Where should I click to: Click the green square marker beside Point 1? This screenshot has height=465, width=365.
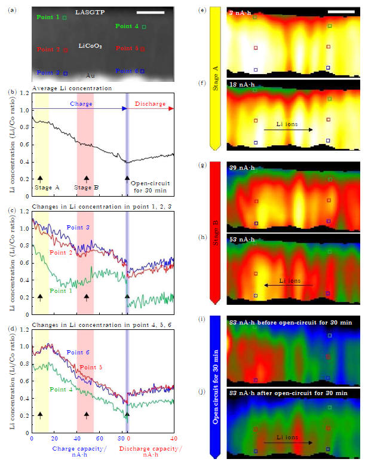click(65, 18)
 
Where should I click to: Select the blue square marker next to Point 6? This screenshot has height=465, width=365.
click(142, 71)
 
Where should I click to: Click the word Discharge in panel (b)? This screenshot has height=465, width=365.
click(150, 104)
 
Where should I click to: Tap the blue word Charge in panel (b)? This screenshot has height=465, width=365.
click(81, 104)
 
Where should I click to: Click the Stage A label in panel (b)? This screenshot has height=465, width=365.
click(46, 187)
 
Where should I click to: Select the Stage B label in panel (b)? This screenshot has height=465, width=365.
click(87, 187)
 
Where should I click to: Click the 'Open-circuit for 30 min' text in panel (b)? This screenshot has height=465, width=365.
click(148, 187)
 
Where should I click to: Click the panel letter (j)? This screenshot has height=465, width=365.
click(205, 392)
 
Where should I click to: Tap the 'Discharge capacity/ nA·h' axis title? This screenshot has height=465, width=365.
click(150, 451)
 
